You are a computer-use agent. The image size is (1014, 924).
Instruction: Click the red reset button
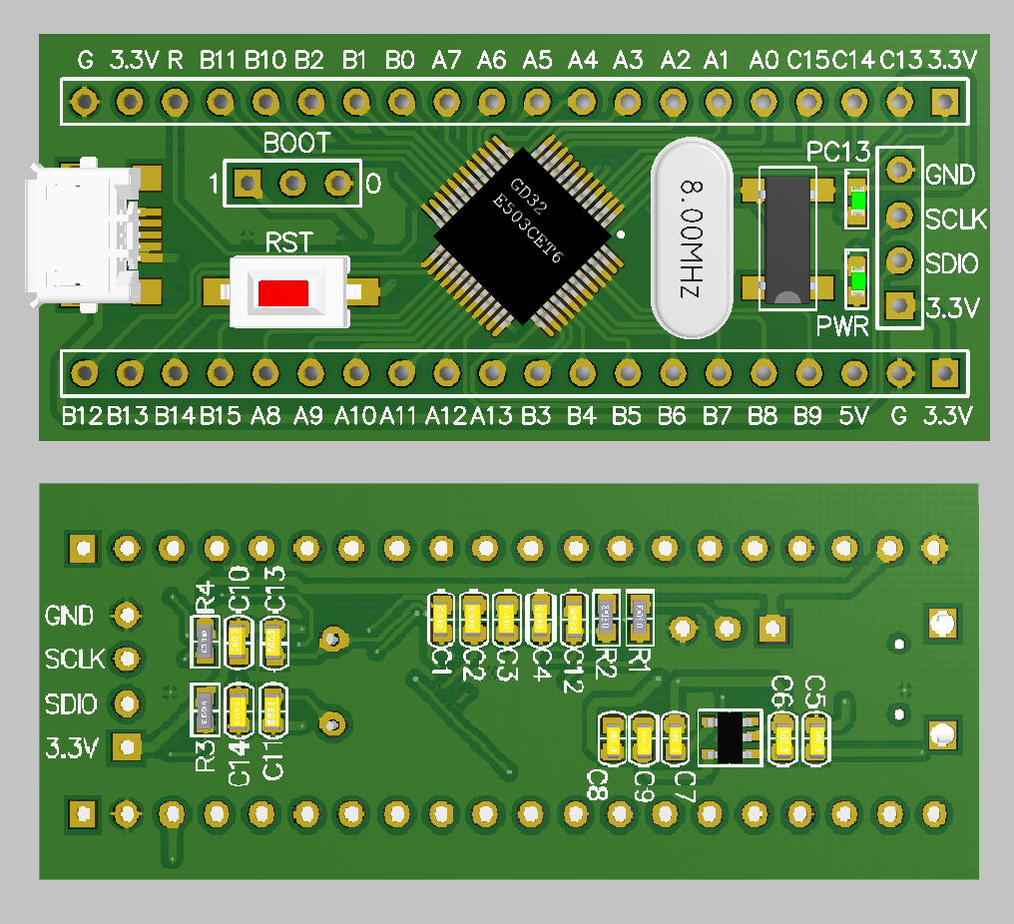(282, 293)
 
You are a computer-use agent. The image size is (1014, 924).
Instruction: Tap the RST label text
(288, 242)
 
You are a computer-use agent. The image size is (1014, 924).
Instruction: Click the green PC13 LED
(857, 202)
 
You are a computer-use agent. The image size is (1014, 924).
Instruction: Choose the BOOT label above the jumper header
(296, 144)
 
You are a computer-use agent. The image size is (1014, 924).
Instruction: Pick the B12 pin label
(82, 415)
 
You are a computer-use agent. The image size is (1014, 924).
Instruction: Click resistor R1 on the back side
(639, 616)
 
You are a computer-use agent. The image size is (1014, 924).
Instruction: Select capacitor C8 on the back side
(610, 739)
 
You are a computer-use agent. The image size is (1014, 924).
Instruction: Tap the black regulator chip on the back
(730, 737)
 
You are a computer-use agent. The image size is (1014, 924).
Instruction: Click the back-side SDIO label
(71, 703)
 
